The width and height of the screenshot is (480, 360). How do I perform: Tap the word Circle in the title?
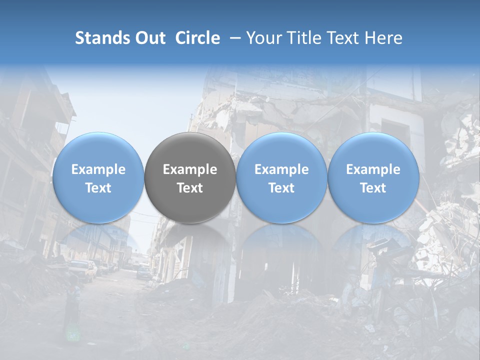tap(197, 38)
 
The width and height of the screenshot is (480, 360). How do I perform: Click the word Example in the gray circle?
tap(190, 169)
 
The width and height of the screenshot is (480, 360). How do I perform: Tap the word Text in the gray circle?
tap(190, 188)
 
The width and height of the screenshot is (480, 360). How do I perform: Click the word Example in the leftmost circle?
tap(98, 169)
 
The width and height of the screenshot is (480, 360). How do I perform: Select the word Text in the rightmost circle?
tap(373, 188)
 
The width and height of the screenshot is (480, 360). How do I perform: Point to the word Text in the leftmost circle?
tap(98, 188)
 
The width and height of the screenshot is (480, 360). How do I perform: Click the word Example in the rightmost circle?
tap(373, 169)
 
